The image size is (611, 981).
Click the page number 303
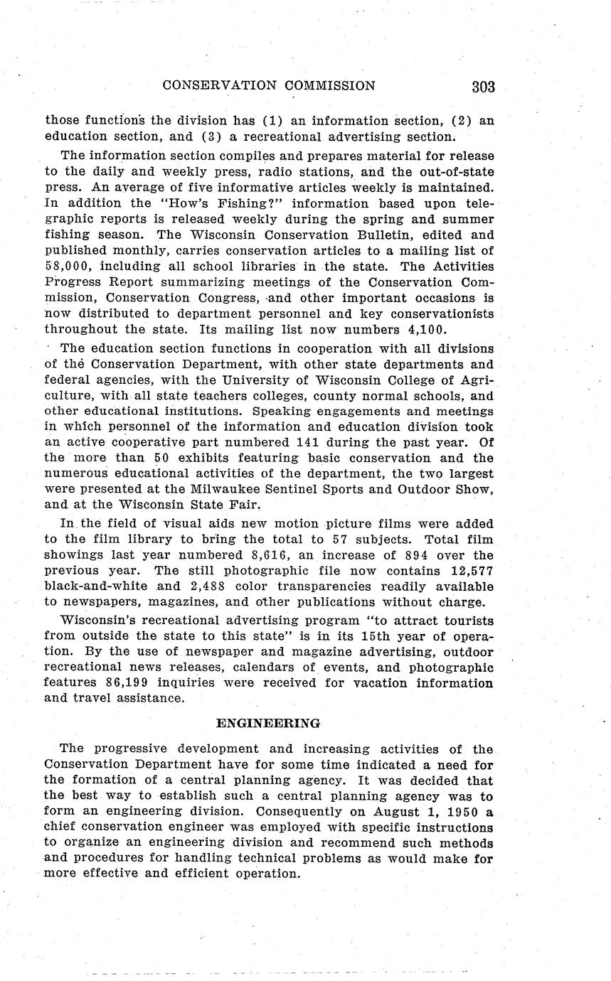(x=482, y=87)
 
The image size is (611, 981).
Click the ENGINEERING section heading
(x=268, y=723)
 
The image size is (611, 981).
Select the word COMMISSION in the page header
(x=330, y=86)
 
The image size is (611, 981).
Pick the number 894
(x=395, y=555)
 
